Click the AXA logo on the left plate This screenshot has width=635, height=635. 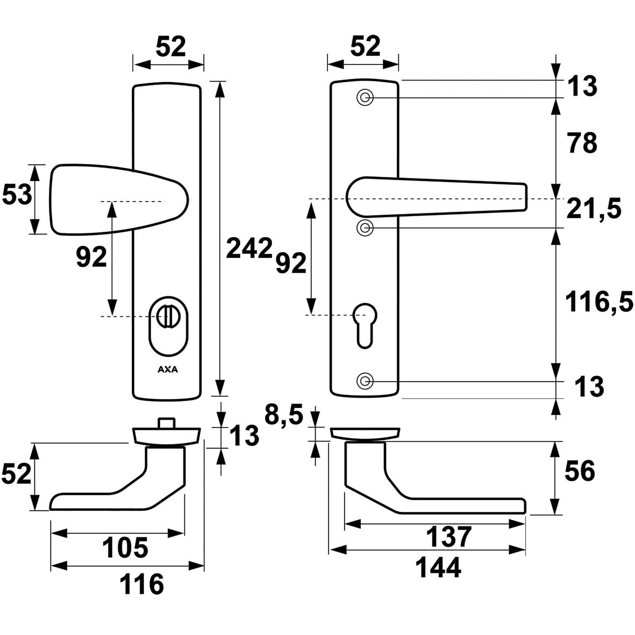point(168,369)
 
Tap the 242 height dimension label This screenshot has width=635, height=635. point(248,248)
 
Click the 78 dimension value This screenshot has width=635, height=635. point(581,144)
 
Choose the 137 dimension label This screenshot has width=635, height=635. point(449,536)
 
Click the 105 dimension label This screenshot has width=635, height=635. point(126,548)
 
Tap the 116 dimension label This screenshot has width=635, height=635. point(141,584)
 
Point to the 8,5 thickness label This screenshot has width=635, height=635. point(285,415)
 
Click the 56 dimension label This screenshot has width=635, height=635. point(580,472)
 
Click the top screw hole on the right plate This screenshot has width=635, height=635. point(365,97)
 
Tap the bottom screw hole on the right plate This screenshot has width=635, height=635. point(365,381)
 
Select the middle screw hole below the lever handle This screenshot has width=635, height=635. point(365,227)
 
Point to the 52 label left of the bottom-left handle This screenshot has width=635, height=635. point(16,475)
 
